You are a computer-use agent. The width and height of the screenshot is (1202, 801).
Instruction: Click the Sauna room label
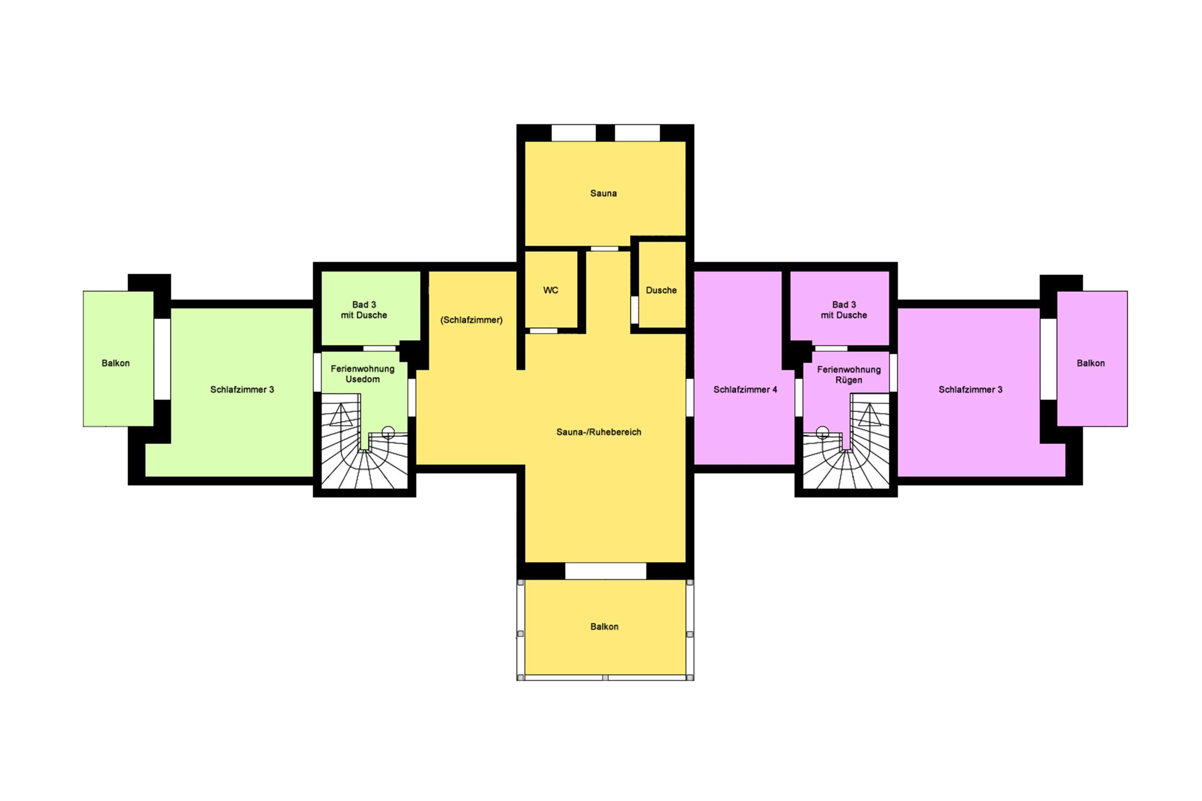603,193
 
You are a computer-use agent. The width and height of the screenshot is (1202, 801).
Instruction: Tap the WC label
551,290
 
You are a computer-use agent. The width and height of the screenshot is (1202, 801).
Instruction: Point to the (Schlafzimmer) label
471,320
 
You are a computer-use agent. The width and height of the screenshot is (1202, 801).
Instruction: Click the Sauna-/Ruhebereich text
599,432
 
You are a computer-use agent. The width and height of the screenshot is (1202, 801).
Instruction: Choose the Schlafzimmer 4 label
745,389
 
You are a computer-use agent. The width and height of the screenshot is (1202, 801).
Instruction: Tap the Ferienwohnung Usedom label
362,373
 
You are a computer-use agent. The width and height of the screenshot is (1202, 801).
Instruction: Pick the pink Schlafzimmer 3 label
970,389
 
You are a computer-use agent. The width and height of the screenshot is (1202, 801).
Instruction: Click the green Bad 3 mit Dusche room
371,308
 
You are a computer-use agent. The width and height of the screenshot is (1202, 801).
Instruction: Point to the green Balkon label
115,363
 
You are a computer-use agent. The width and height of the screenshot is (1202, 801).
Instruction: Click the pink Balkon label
1091,363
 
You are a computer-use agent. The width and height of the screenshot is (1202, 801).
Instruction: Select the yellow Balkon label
604,626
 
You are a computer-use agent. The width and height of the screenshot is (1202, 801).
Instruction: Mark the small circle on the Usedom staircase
388,432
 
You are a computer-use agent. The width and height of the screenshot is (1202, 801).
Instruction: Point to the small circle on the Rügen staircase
822,432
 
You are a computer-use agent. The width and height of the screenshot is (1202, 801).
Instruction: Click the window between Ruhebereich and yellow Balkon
605,571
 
